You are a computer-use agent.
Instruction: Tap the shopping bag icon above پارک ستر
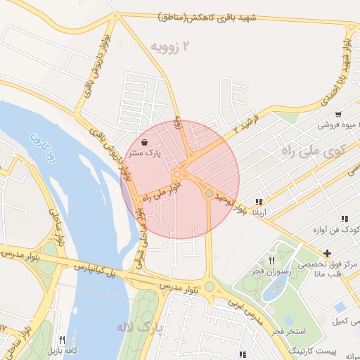click(144, 142)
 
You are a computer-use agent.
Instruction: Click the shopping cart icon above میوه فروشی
click(338, 114)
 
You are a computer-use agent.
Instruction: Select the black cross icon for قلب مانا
click(327, 252)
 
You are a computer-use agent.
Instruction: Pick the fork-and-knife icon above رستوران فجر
click(271, 259)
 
